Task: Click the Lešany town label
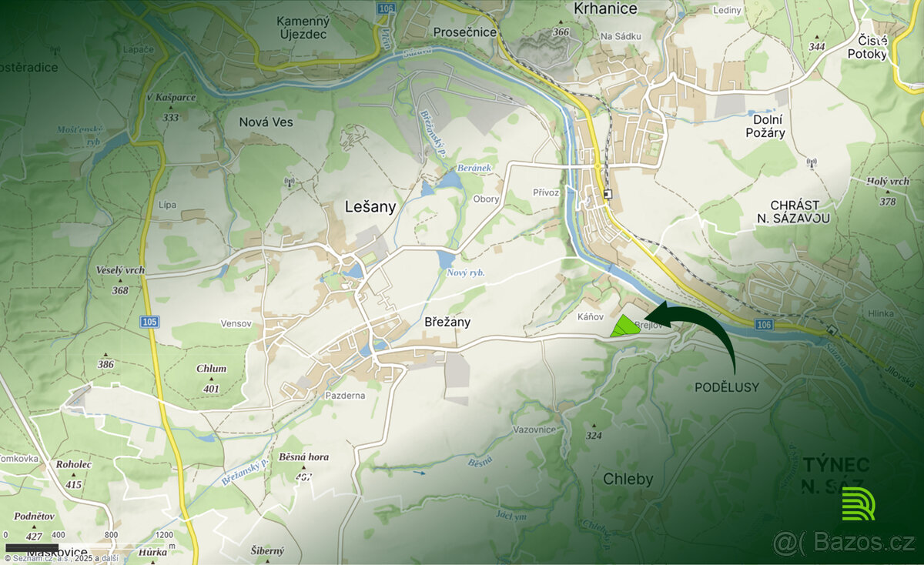[370, 206]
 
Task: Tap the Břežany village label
[447, 323]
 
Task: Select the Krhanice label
[606, 8]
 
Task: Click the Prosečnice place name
[464, 32]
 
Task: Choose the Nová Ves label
[266, 122]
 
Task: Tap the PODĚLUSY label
[726, 387]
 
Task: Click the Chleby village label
[628, 480]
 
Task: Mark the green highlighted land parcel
[624, 326]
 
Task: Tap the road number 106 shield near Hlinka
[762, 326]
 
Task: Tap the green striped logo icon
[858, 503]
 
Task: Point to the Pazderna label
[344, 395]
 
